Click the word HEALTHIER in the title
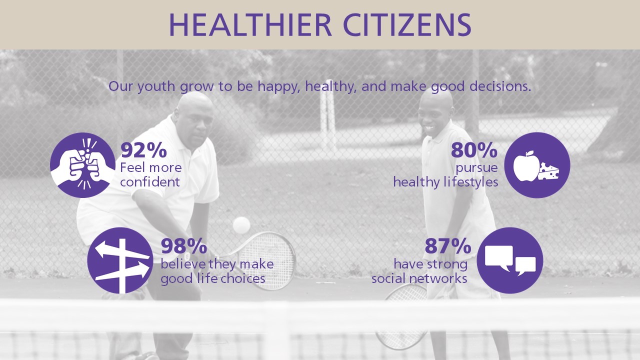(x=250, y=24)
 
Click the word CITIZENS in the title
(x=407, y=24)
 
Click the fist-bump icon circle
(x=83, y=165)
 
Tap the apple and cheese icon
(x=537, y=165)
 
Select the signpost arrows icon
(x=120, y=260)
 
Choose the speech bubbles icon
(x=510, y=260)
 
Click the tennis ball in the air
(x=241, y=225)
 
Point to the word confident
(x=150, y=182)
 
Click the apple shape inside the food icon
(x=526, y=166)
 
